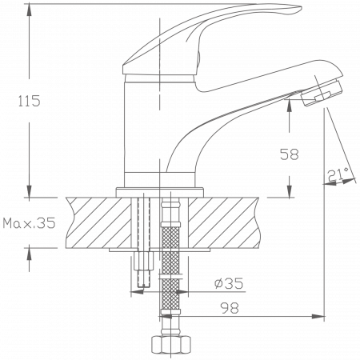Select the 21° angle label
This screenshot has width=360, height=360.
pos(337,174)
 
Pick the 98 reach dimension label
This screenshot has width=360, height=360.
pos(228,308)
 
